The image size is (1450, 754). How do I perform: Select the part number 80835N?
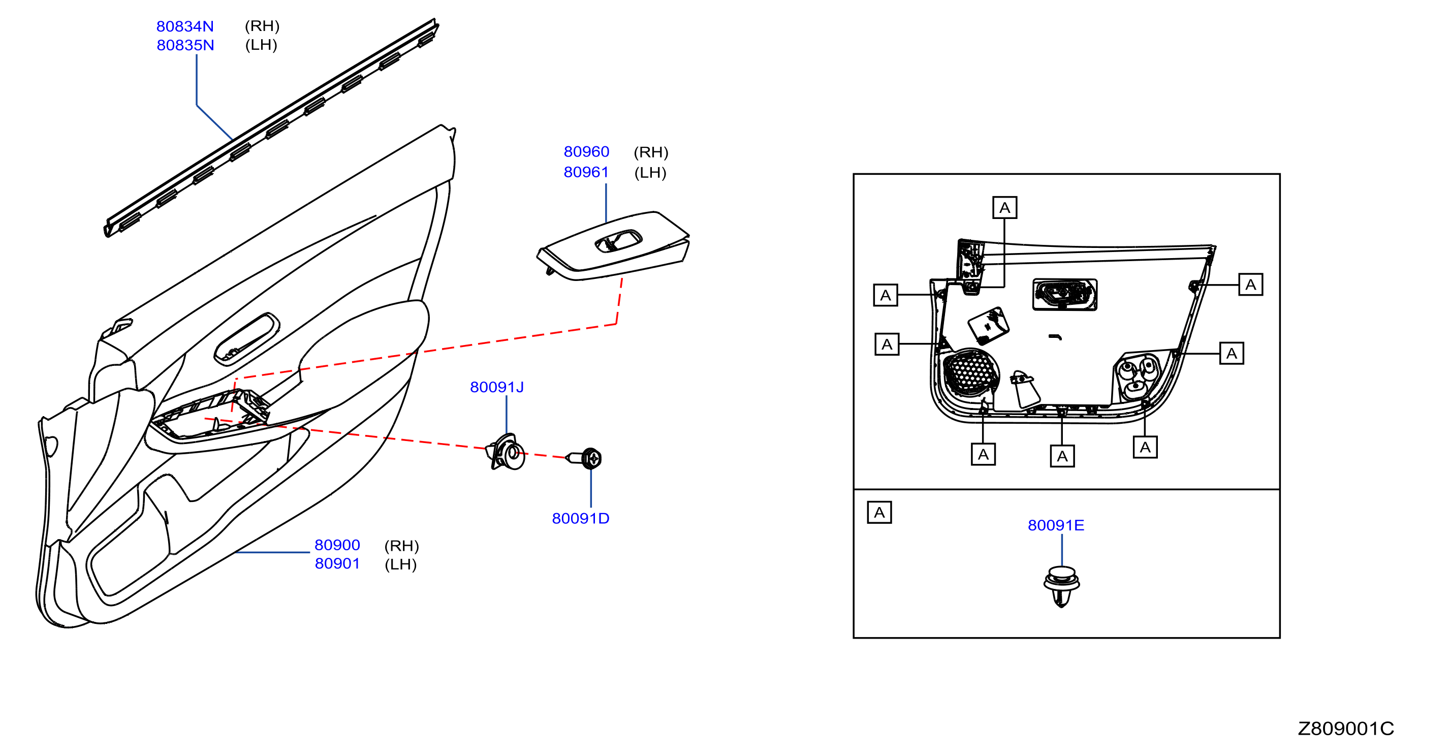click(185, 45)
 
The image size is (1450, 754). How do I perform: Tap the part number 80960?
click(586, 151)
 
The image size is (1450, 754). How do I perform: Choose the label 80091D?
click(580, 518)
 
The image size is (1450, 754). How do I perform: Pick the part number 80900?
click(337, 545)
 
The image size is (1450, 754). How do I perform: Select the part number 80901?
click(337, 563)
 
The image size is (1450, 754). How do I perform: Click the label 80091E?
click(1055, 525)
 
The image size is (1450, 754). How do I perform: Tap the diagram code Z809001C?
click(1345, 728)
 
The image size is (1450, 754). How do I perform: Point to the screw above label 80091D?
click(584, 458)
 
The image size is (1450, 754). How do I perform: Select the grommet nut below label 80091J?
click(506, 452)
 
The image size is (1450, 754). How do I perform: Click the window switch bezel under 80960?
click(613, 245)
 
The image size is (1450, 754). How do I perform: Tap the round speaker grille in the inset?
click(970, 373)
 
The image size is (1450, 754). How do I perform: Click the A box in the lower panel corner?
click(879, 513)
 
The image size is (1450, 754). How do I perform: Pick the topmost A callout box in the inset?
click(1004, 208)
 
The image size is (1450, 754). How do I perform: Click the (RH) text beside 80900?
click(401, 546)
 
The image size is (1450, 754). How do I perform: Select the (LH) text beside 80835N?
click(261, 45)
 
